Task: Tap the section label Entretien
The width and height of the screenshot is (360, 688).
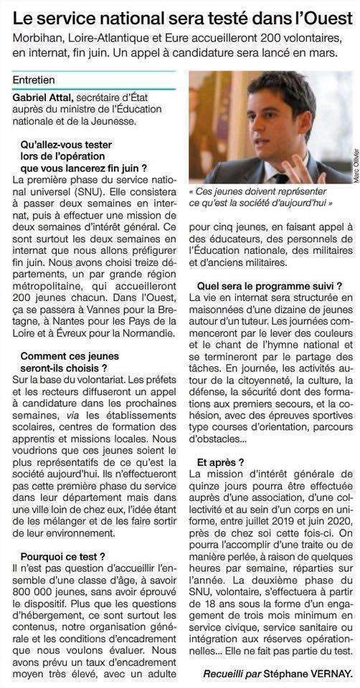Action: click(x=37, y=80)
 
